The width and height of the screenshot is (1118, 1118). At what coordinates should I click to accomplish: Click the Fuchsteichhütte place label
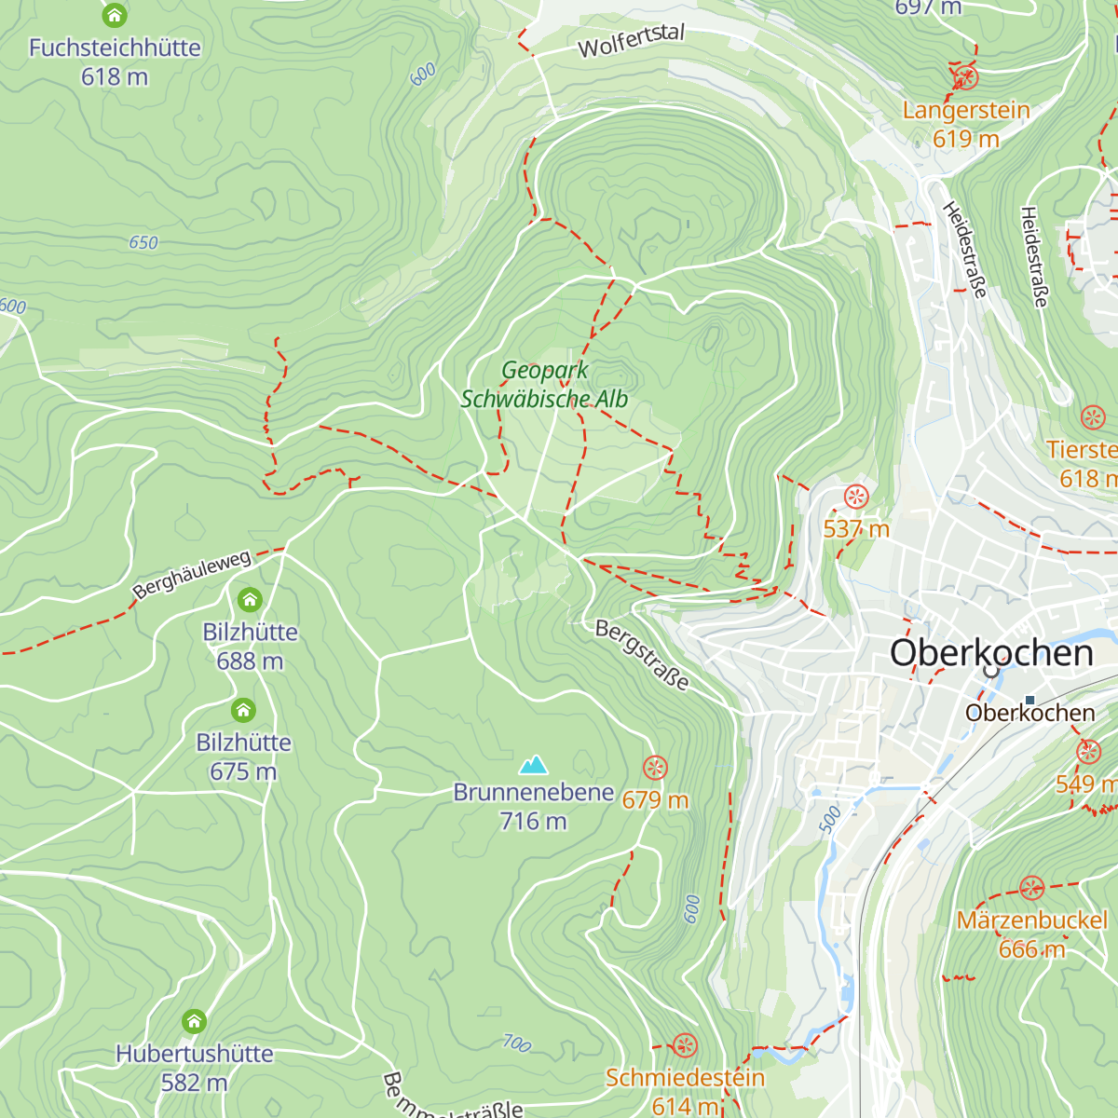click(115, 48)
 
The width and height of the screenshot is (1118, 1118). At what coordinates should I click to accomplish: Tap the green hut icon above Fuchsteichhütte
click(115, 15)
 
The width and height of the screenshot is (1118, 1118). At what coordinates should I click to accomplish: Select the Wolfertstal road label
click(631, 41)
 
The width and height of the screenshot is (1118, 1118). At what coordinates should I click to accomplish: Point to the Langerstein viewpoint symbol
click(966, 77)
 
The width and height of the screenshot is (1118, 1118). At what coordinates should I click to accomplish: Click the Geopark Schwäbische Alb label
click(544, 385)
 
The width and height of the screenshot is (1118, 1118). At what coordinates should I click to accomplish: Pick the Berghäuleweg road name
click(192, 575)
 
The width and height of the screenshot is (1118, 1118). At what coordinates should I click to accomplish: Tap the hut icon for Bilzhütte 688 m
click(250, 600)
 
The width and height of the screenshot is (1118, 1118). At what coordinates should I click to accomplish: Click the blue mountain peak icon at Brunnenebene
click(533, 765)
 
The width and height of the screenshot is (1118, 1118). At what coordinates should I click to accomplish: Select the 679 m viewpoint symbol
click(655, 768)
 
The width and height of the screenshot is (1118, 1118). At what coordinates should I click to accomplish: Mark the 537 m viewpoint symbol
click(855, 497)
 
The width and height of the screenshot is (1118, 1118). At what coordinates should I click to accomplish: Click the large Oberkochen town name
click(991, 653)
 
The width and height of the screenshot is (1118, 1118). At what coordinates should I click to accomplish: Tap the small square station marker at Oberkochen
click(1029, 700)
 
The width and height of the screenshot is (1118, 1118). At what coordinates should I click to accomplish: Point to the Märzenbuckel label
click(1031, 920)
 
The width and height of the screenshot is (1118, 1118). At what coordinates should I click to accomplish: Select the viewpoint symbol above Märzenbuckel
click(1031, 888)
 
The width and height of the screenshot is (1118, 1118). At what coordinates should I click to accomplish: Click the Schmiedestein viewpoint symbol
click(685, 1045)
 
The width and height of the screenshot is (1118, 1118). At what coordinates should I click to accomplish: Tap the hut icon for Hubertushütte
click(194, 1022)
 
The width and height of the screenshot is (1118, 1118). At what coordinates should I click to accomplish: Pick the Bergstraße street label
click(643, 656)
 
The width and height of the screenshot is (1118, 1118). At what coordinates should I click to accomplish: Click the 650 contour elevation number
click(143, 243)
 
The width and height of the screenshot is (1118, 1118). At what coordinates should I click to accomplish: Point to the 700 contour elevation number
click(516, 1043)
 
